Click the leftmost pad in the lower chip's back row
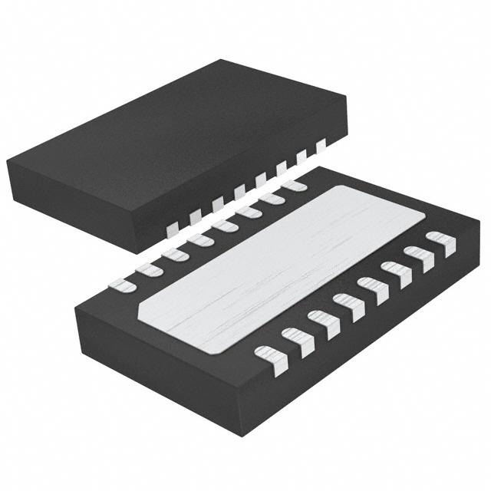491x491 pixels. click(x=122, y=286)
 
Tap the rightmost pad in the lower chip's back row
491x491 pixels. click(x=293, y=185)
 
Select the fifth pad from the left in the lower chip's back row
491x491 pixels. click(x=225, y=226)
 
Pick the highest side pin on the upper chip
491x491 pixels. click(x=321, y=143)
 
